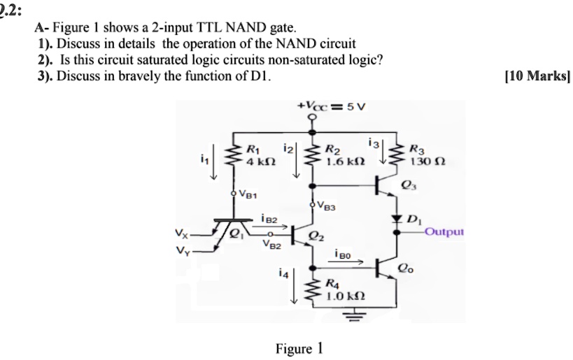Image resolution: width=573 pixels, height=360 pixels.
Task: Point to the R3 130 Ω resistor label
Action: [425, 153]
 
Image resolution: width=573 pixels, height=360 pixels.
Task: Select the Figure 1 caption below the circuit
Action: [299, 347]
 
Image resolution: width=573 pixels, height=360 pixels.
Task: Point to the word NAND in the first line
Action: [199, 29]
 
